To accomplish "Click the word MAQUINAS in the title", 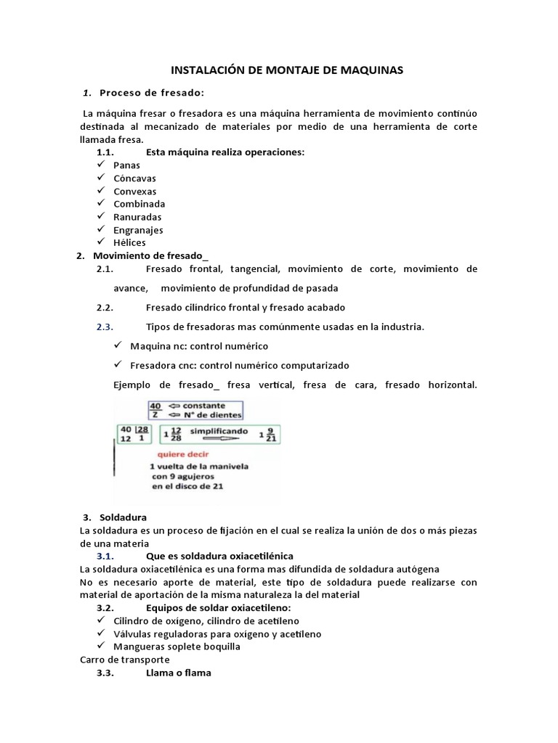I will [370, 70].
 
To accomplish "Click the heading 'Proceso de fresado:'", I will [152, 92].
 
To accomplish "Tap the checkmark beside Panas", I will [101, 165].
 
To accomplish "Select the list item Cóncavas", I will [134, 178].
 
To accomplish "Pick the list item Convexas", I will [134, 191].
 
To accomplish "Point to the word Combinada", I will [139, 204].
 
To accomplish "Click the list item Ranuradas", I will [137, 217].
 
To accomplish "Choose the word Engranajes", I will [138, 230].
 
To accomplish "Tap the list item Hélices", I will [129, 243].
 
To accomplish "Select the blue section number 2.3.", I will [105, 327].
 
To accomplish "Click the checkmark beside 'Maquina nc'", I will [118, 345].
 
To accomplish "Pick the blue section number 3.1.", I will [105, 555].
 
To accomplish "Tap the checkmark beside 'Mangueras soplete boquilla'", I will [101, 646].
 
